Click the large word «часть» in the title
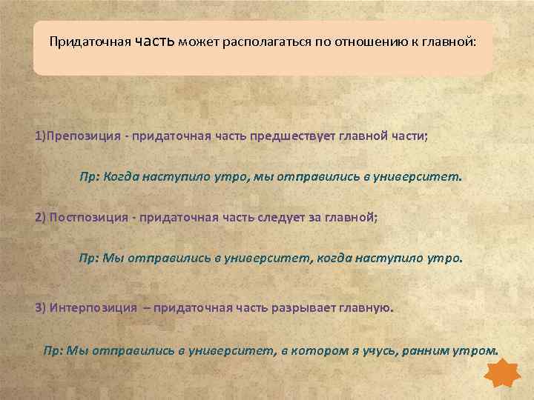coord(156,41)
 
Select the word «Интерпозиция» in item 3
coord(93,307)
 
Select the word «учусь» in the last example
coord(378,350)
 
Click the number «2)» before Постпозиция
coord(40,219)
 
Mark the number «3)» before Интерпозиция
coord(40,307)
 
